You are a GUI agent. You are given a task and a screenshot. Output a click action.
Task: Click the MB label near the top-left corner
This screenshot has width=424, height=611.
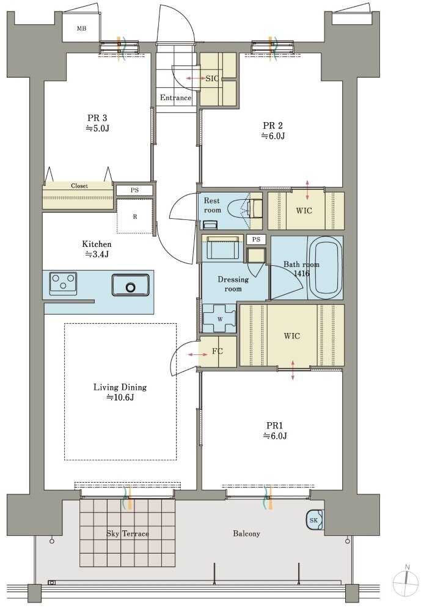[x=81, y=29]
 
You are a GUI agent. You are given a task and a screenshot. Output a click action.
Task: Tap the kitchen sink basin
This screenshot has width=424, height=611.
[x=130, y=285]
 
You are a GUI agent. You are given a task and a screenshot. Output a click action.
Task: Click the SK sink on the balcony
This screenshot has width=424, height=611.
[x=315, y=520]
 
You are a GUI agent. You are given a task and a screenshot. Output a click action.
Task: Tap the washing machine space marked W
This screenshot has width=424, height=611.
[x=219, y=318]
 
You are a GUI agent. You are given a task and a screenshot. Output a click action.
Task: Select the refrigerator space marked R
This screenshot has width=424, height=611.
[x=135, y=217]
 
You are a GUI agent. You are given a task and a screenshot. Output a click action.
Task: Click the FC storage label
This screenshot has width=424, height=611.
[x=217, y=351]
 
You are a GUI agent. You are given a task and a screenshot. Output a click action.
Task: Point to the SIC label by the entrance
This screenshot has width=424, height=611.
[x=212, y=78]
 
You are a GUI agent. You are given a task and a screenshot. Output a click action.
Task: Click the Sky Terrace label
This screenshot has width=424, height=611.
[x=128, y=533]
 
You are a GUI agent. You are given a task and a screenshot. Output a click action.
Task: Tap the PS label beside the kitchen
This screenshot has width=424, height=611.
[x=134, y=190]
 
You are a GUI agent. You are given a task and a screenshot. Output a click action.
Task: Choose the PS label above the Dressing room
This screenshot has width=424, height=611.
[x=255, y=240]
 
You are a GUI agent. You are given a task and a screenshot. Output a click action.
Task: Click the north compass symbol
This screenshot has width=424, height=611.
[x=406, y=584]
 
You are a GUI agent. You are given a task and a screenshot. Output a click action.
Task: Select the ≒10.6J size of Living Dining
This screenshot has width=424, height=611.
[x=120, y=398]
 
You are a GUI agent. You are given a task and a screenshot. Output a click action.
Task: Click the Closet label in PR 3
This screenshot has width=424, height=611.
[x=79, y=186]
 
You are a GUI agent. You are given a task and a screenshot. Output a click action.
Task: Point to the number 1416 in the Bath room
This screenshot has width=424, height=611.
[x=301, y=274]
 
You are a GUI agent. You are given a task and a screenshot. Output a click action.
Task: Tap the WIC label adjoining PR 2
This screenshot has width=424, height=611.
[x=304, y=210]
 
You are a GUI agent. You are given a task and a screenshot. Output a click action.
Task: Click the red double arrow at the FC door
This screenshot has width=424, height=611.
[x=197, y=354]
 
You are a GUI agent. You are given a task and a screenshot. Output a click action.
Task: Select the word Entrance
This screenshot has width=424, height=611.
[x=176, y=98]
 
